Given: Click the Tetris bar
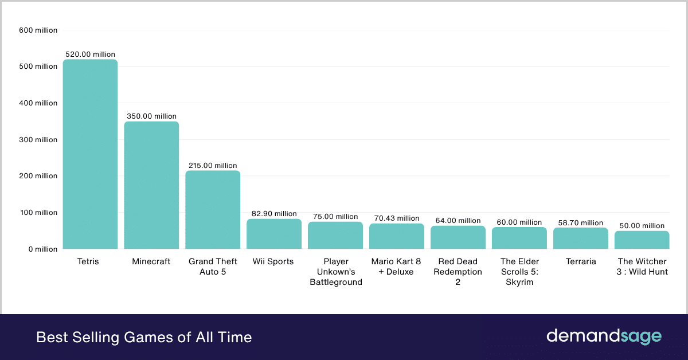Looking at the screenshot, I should (90, 154).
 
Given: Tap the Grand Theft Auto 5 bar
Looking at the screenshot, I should (213, 210).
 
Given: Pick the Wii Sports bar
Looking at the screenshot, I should (274, 234).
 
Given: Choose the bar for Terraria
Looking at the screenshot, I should (581, 238).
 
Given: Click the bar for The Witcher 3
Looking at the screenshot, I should (642, 240).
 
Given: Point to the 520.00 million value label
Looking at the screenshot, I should (90, 54).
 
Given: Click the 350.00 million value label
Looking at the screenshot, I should (151, 116).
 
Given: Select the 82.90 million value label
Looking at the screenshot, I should (274, 214).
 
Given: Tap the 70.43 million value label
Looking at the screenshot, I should (397, 218).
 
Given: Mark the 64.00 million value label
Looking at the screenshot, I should (458, 221).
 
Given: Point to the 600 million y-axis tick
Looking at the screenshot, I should (38, 30).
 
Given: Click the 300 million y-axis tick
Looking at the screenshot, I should (38, 140).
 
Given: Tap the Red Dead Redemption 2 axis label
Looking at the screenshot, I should (458, 272).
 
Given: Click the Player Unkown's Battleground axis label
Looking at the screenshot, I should (336, 272).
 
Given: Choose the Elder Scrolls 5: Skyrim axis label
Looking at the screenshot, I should (519, 272).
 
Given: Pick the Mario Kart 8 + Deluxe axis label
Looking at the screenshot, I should (397, 267).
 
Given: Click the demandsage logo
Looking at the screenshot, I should (604, 336).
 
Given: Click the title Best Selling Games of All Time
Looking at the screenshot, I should (144, 337).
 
